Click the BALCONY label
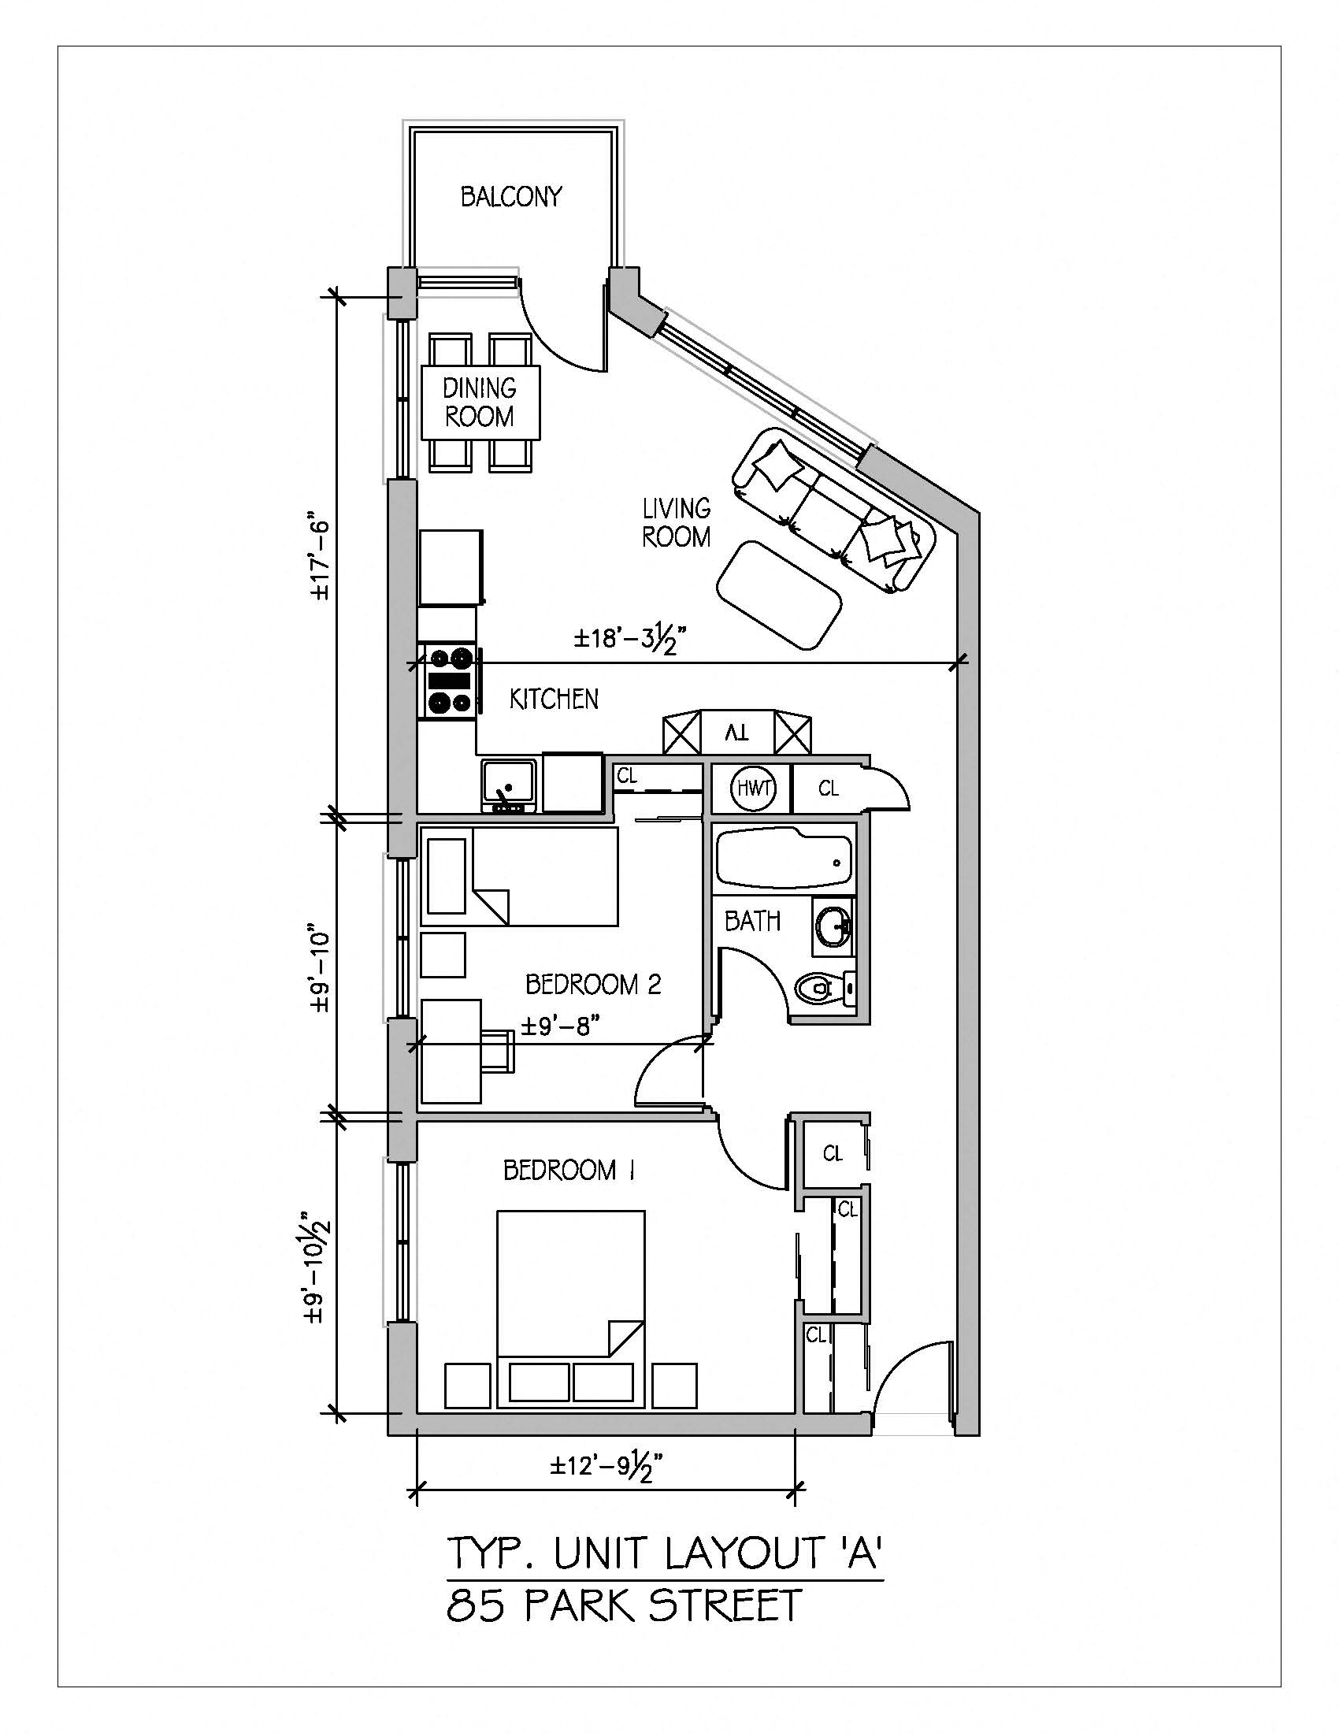pos(511,197)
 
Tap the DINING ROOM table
pos(479,403)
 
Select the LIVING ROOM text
pos(676,523)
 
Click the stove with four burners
pos(450,681)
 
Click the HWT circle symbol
pos(752,788)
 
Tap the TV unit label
pos(737,733)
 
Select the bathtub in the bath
pos(783,859)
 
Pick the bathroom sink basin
pos(832,926)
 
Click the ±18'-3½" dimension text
pos(629,639)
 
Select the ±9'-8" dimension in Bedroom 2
pos(558,1026)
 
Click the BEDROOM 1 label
pos(569,1170)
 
